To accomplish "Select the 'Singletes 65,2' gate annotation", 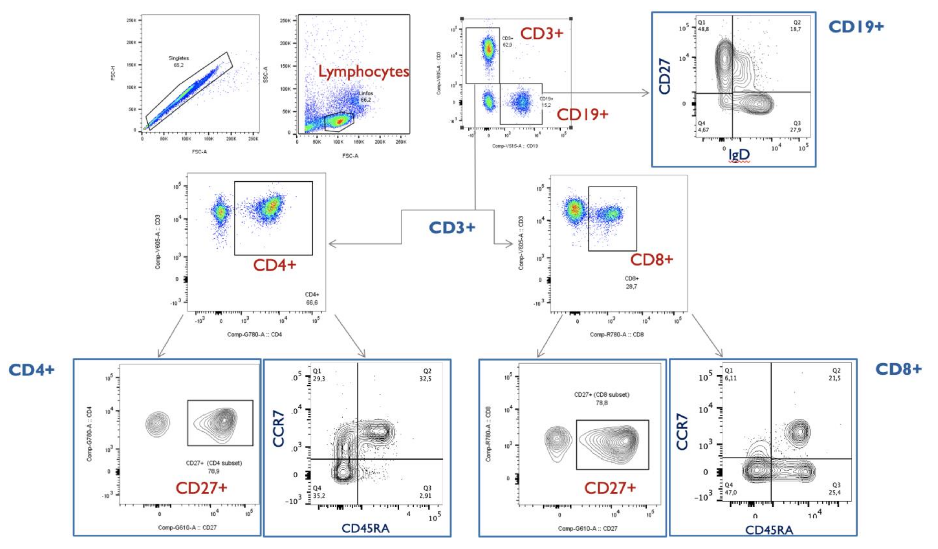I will coord(179,61).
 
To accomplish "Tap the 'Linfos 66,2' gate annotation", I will coord(366,96).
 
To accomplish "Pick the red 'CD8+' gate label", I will coord(651,260).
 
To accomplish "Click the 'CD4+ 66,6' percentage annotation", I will coord(312,299).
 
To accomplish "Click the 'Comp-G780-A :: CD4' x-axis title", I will coord(255,334).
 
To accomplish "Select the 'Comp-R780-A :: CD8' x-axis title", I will coord(617,334).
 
